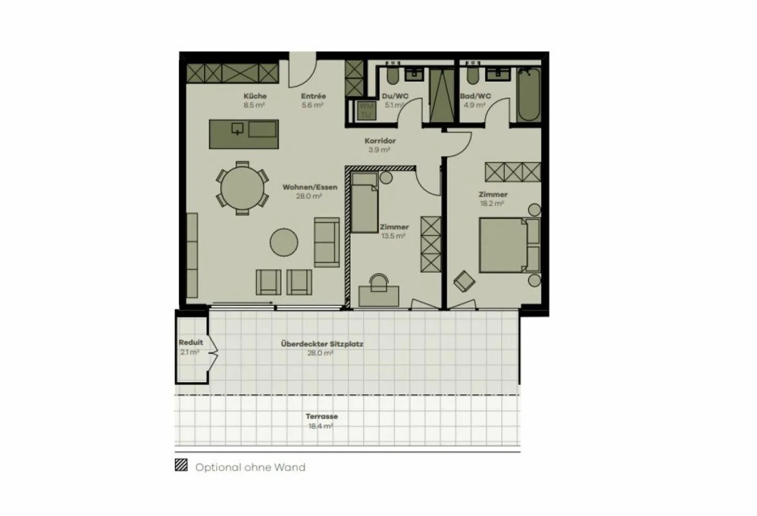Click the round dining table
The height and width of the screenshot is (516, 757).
[242, 188]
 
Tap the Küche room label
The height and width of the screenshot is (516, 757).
[255, 96]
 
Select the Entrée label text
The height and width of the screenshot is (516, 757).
[313, 96]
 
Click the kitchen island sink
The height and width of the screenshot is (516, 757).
[238, 128]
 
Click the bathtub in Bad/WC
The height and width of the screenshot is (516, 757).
[528, 95]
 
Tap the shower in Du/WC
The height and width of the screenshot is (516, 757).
[442, 95]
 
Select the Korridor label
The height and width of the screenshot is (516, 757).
[380, 141]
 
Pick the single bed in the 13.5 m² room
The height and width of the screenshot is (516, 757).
[364, 203]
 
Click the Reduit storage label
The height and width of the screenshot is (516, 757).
[190, 342]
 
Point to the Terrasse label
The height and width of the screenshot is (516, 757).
[322, 417]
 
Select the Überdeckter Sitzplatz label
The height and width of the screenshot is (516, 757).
[322, 344]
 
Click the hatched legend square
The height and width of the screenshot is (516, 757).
[181, 465]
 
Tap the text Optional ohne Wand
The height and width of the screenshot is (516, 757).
[250, 467]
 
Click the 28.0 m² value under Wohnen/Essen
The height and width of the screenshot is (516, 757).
[309, 196]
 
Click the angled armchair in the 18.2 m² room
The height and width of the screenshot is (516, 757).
[464, 281]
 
